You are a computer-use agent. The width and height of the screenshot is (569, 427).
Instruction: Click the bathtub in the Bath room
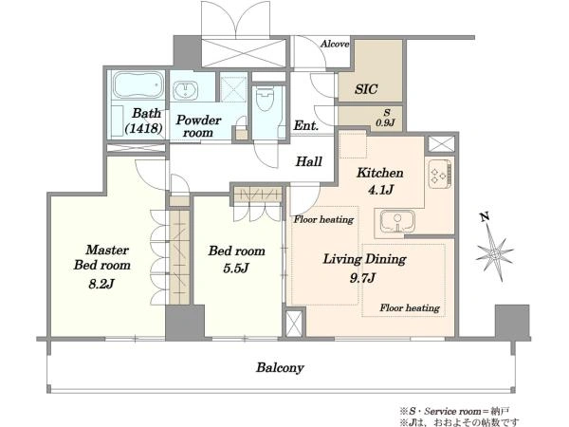[138, 85]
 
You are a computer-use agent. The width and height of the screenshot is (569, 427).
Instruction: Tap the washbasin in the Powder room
[185, 90]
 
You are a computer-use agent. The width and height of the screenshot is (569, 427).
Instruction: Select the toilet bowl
[265, 99]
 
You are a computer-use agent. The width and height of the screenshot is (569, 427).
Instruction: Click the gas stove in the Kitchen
[440, 174]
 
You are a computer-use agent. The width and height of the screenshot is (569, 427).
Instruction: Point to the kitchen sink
[397, 221]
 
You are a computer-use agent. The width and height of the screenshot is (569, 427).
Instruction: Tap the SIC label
[366, 89]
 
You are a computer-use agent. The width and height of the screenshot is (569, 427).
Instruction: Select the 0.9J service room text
[385, 123]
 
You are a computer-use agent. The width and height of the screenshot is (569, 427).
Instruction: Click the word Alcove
[335, 44]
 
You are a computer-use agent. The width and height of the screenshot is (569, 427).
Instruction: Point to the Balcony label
[280, 368]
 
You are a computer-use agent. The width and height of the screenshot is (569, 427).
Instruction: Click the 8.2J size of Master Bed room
[101, 283]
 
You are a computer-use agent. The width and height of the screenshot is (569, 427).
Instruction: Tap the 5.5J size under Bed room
[236, 268]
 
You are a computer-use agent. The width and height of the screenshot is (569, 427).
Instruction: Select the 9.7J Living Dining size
[362, 278]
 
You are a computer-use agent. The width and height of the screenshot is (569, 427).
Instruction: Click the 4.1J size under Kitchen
[380, 189]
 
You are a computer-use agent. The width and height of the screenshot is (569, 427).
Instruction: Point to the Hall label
[309, 161]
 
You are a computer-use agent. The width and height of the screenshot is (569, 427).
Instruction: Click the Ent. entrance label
[306, 125]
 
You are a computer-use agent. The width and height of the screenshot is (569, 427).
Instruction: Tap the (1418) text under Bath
[143, 128]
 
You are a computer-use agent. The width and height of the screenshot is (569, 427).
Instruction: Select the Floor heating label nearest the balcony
[410, 307]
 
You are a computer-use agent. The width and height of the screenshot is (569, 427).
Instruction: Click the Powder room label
[198, 126]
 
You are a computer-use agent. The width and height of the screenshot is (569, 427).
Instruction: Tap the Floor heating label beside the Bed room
[323, 219]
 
